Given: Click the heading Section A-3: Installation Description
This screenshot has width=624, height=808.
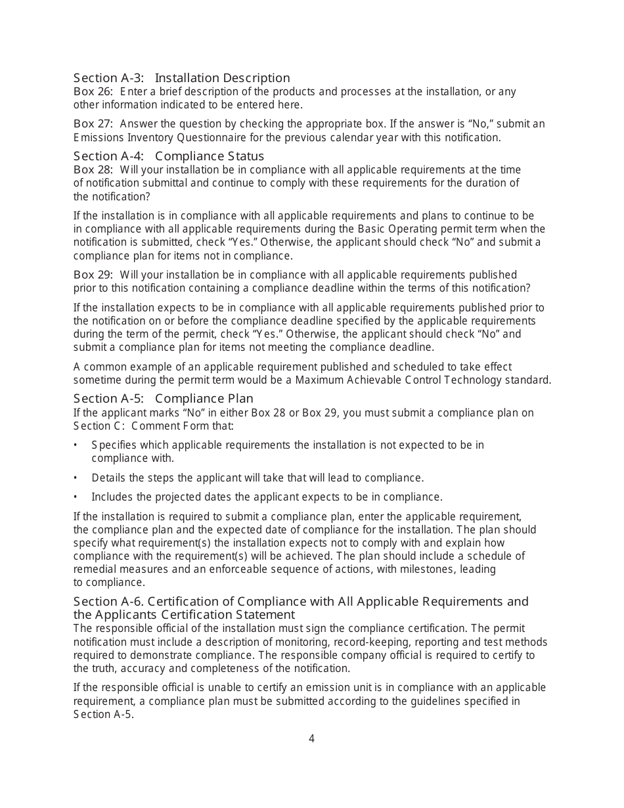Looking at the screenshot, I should pyautogui.click(x=181, y=78).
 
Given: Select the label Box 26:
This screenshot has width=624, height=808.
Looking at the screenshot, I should pyautogui.click(x=93, y=91).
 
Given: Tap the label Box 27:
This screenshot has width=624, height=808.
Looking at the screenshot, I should pyautogui.click(x=93, y=124).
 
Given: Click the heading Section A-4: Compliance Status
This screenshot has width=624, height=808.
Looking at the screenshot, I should pyautogui.click(x=168, y=156).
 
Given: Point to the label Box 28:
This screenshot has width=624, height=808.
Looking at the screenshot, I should pyautogui.click(x=93, y=170).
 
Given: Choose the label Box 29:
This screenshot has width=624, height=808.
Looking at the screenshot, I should pyautogui.click(x=93, y=275).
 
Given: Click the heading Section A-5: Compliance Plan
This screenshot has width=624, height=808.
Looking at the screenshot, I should pyautogui.click(x=163, y=399).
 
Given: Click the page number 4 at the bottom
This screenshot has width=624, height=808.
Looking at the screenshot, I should pyautogui.click(x=311, y=738).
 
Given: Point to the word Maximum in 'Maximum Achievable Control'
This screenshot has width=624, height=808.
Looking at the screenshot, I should pyautogui.click(x=317, y=380).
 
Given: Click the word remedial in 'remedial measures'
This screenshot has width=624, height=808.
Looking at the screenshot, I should pyautogui.click(x=93, y=569).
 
